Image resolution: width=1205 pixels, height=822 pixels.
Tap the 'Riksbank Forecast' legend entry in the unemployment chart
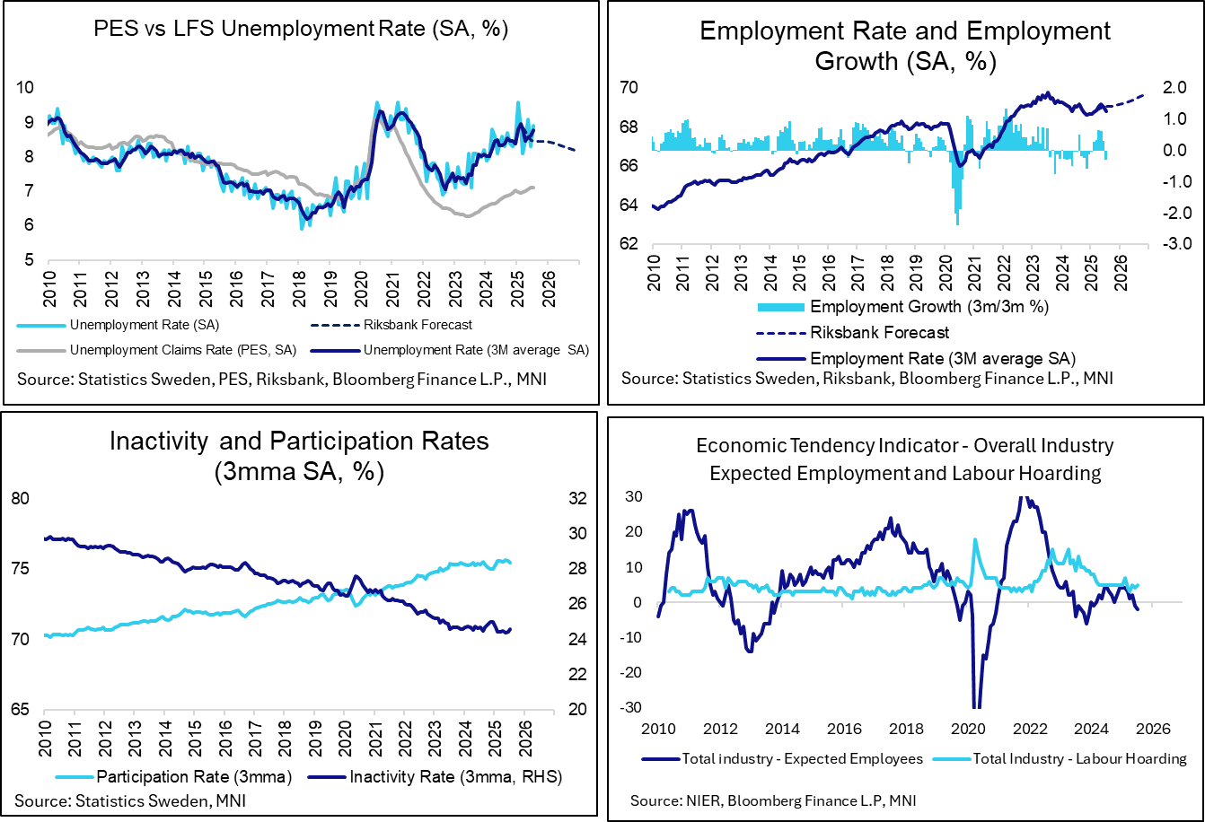[427, 325]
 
